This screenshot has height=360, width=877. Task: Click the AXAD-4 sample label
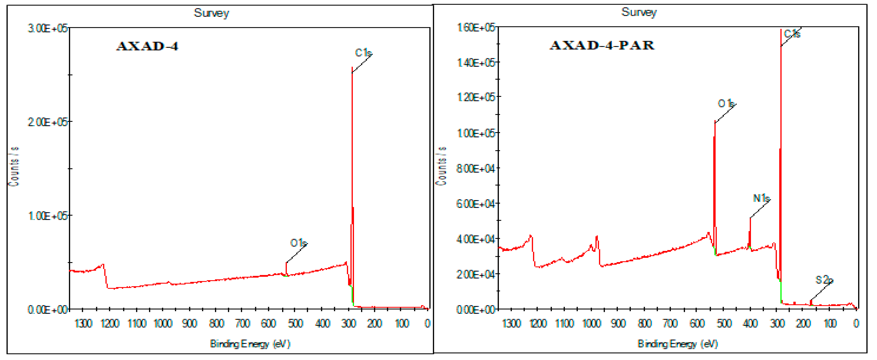pos(147,46)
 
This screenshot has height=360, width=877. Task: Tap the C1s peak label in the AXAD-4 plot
pos(363,53)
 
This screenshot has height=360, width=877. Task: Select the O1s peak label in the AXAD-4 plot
pos(298,243)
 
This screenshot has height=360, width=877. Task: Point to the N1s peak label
pos(761,198)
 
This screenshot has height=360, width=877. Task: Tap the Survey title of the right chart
pos(639,12)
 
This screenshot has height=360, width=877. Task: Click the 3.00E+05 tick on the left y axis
pos(48,28)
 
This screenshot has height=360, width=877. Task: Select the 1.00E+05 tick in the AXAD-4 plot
pos(48,216)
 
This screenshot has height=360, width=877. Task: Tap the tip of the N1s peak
pos(750,218)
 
